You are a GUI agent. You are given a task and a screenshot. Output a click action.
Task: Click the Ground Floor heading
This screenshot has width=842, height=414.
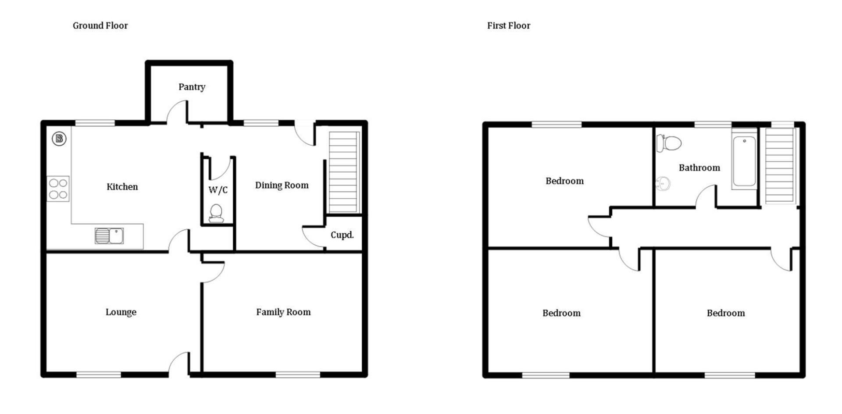100,25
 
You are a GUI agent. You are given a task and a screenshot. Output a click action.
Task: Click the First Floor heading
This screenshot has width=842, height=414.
509,25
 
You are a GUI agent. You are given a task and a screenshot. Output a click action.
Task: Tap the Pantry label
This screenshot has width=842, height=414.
192,87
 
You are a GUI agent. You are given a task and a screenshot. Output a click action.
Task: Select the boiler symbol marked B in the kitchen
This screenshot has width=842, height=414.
59,139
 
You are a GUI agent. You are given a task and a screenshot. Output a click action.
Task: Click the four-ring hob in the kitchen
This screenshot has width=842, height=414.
58,189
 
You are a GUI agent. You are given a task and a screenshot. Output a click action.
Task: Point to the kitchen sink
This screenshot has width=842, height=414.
109,236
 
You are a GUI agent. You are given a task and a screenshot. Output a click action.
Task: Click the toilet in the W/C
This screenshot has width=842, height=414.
216,213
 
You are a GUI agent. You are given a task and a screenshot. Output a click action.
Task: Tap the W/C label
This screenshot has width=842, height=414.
218,190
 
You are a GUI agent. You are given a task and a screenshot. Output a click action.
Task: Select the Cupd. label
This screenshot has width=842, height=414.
342,235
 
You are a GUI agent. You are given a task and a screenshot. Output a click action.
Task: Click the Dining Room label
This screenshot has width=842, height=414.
282,186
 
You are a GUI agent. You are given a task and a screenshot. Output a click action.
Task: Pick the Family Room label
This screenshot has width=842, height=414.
283,312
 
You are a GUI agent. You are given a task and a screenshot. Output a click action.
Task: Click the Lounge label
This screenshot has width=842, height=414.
121,312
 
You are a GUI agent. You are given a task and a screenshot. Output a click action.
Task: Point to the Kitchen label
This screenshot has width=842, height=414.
122,187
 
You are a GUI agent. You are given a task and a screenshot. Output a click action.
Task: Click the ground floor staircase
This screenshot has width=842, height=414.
344,172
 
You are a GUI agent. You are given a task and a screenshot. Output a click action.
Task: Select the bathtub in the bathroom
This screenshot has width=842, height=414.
744,161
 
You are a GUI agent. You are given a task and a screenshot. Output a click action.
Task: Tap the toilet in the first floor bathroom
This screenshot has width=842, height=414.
669,143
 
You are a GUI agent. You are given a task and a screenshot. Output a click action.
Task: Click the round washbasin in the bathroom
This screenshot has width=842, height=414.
663,183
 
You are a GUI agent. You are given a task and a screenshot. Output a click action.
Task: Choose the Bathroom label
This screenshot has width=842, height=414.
699,168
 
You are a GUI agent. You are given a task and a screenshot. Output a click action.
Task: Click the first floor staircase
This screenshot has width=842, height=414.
780,166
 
